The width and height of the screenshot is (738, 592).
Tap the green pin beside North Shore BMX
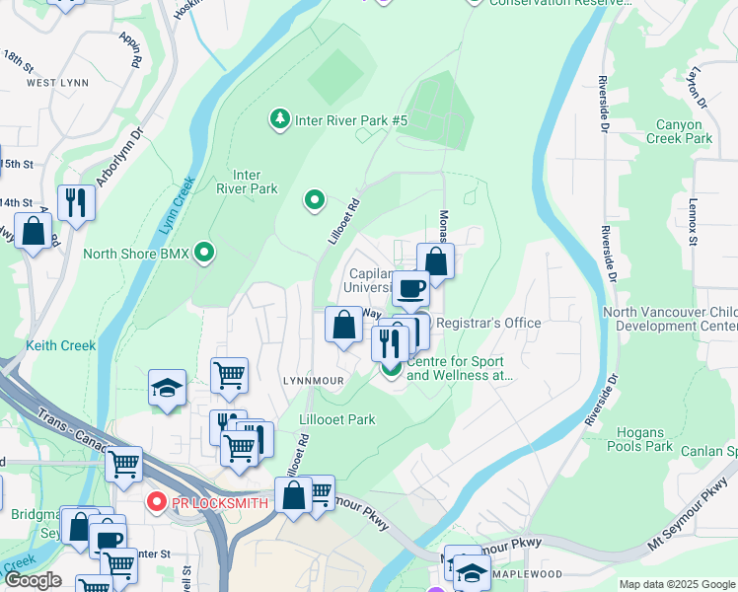pos(204,253)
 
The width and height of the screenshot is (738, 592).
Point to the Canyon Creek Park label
pos(679,132)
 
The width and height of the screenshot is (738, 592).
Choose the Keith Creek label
pos(61,345)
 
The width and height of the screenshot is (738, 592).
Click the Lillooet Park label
pos(336,419)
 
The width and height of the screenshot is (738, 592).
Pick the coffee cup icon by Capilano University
pos(410,289)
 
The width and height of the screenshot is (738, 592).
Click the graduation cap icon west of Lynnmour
pos(168,388)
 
